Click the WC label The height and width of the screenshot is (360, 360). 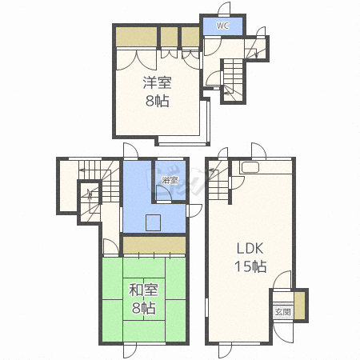[x=222, y=26]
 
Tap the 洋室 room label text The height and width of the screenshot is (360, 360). [x=158, y=82]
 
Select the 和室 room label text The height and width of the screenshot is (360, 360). [x=144, y=290]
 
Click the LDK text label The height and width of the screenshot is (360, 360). [x=250, y=249]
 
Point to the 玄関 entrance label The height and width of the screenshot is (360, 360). [x=282, y=312]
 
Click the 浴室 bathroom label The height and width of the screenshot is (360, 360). [x=170, y=180]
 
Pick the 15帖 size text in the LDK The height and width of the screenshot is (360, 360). [x=250, y=266]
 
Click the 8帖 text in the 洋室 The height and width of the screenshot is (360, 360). [x=158, y=101]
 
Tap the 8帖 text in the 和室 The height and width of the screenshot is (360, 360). [x=144, y=308]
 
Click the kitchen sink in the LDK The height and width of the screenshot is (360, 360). [x=250, y=168]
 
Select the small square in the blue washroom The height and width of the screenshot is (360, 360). [x=153, y=222]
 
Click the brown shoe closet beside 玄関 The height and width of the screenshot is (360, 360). [x=299, y=306]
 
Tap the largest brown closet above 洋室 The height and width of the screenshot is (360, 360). [x=136, y=37]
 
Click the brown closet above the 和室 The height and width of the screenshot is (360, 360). [x=154, y=245]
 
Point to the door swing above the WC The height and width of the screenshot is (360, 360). [x=225, y=9]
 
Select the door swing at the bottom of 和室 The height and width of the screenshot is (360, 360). [x=130, y=350]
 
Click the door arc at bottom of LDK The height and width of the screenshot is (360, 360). [x=223, y=350]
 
